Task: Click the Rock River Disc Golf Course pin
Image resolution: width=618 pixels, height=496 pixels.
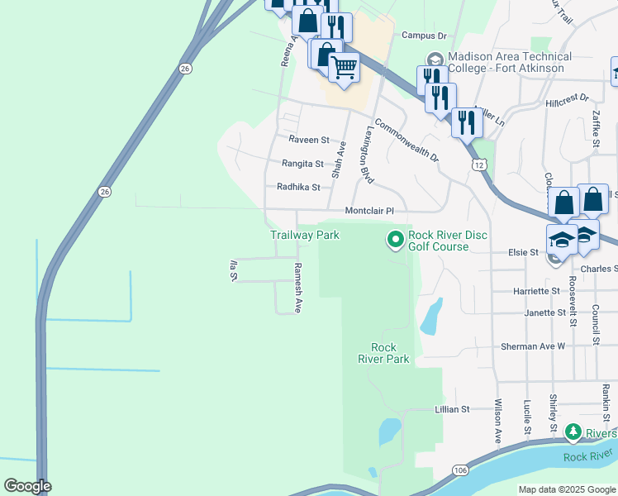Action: (396, 240)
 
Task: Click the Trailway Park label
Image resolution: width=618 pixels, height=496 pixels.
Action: (305, 236)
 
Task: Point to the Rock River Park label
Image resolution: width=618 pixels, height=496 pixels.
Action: (383, 353)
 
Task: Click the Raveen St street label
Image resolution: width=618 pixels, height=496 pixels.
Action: (309, 141)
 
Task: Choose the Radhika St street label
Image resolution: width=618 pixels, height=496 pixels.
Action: (298, 188)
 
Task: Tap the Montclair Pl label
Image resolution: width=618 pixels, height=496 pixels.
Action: (376, 212)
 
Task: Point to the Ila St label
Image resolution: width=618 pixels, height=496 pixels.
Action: (233, 270)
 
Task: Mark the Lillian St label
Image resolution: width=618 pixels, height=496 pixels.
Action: (452, 409)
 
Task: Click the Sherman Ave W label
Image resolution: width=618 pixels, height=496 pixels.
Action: (534, 346)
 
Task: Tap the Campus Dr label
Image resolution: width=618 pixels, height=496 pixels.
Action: (424, 36)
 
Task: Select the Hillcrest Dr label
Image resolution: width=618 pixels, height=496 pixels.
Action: (568, 98)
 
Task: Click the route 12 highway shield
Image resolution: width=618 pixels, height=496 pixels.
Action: (479, 165)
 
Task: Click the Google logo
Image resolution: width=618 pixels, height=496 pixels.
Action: (27, 486)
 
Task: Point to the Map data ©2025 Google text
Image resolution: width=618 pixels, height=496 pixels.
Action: (567, 489)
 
